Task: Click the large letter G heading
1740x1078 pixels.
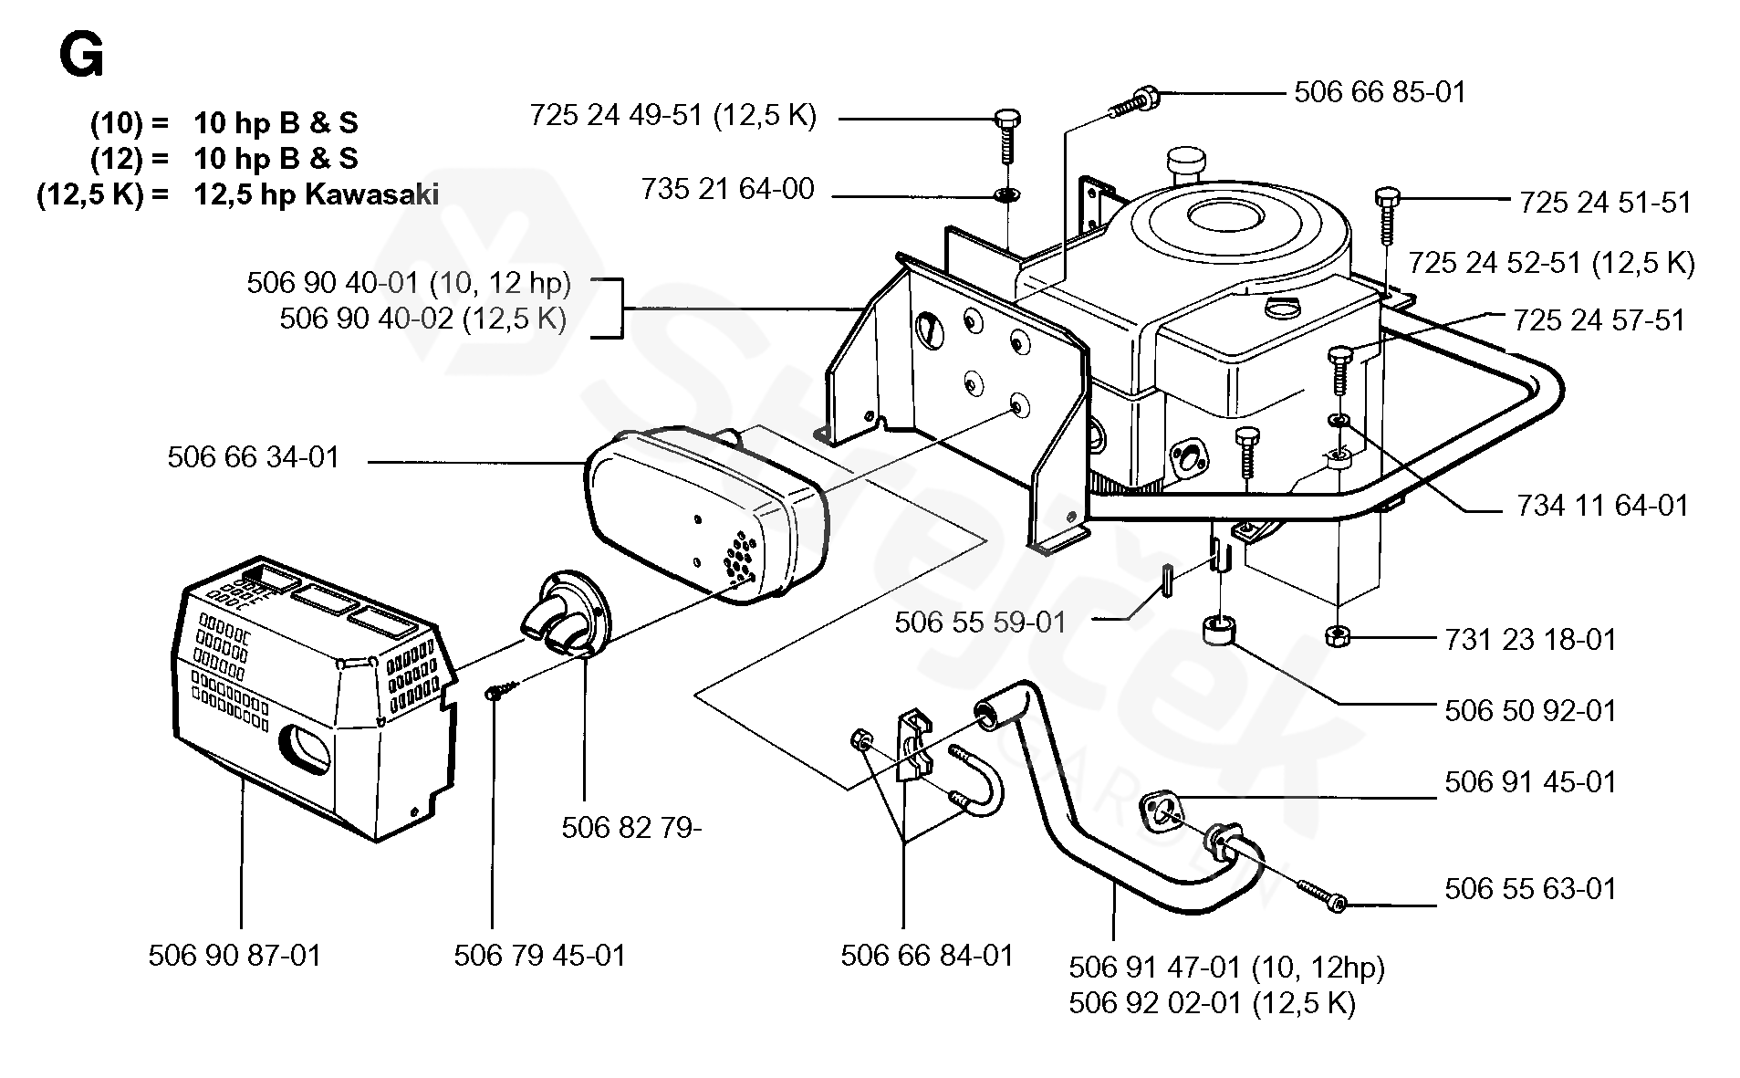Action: coord(81,57)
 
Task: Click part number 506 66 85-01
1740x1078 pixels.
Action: coord(1380,92)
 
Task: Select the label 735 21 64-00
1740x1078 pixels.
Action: coord(727,189)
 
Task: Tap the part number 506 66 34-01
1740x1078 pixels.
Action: coord(253,456)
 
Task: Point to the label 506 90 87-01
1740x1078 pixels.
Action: coord(234,956)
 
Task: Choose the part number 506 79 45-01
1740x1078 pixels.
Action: coord(539,956)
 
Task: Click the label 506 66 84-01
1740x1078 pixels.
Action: coord(927,956)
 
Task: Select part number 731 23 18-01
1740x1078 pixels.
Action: coord(1530,639)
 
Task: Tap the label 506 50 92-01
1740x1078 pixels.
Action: coord(1530,710)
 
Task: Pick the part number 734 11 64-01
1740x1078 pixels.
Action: coord(1602,506)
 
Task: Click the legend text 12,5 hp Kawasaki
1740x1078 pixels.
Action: coord(316,194)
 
